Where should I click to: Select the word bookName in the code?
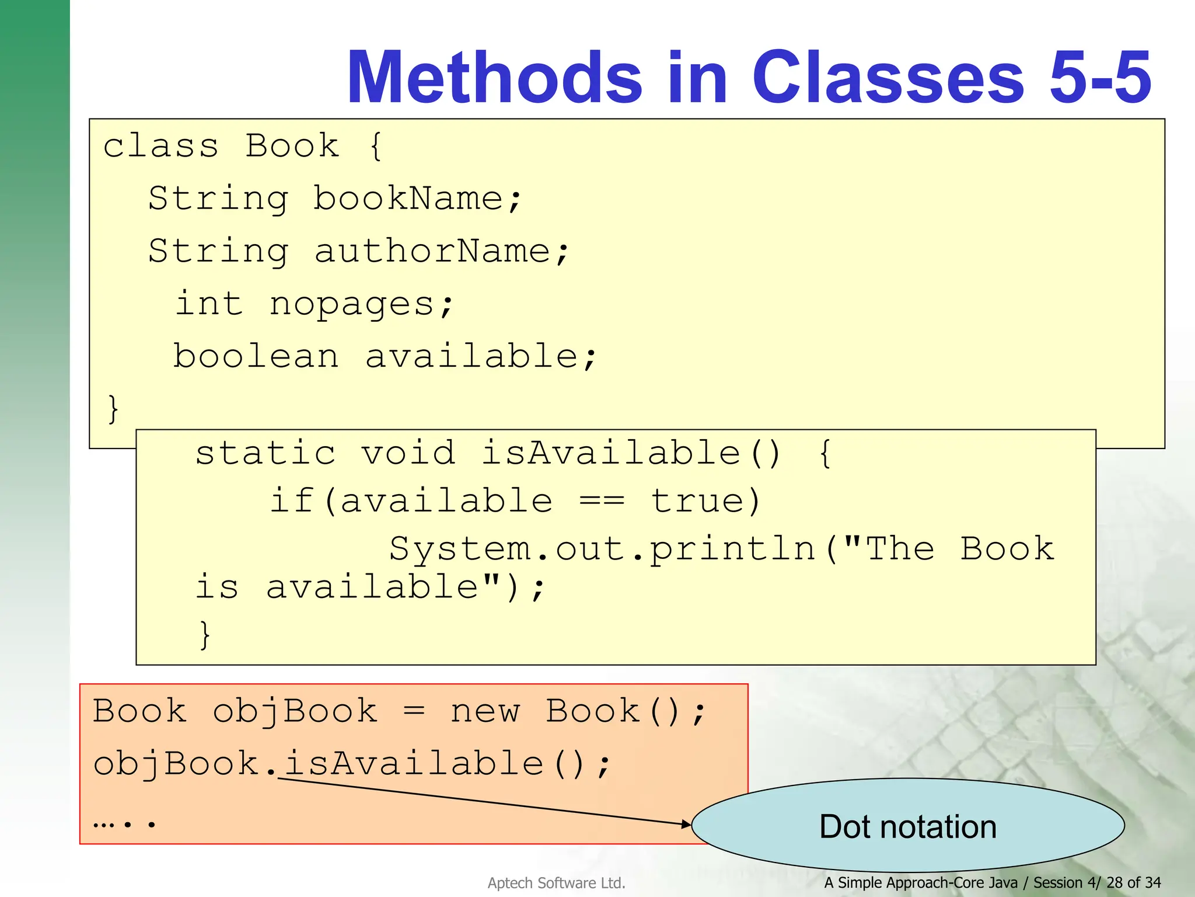click(x=408, y=199)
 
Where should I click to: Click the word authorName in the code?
click(x=432, y=251)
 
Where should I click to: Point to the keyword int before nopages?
click(x=209, y=304)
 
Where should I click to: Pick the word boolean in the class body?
click(x=256, y=356)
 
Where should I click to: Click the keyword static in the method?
click(x=265, y=453)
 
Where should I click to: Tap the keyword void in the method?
click(x=408, y=453)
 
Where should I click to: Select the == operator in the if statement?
click(x=602, y=501)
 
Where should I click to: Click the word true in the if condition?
click(x=697, y=501)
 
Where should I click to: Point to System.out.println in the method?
click(x=602, y=549)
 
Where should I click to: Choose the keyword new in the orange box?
click(x=484, y=711)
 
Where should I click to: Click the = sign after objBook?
click(x=414, y=711)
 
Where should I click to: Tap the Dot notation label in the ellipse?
click(x=908, y=826)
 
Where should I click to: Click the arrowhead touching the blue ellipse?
click(x=686, y=824)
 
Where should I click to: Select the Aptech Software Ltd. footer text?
click(x=556, y=883)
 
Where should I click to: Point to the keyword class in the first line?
click(x=160, y=146)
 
